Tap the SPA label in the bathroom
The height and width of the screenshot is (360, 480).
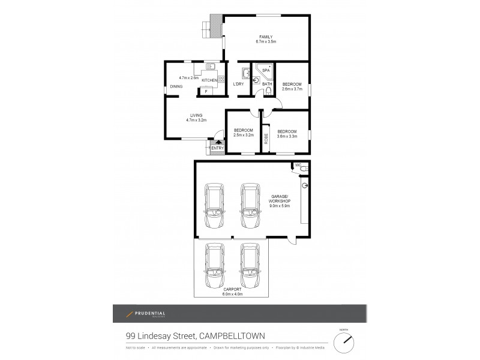click(266, 70)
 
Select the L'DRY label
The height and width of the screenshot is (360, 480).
click(238, 84)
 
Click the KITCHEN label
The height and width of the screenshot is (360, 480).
click(209, 80)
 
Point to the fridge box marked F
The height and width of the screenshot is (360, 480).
click(206, 91)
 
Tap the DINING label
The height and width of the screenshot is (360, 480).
click(176, 86)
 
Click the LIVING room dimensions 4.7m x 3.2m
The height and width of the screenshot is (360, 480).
click(196, 121)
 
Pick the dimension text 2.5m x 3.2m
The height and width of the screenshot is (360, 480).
click(244, 136)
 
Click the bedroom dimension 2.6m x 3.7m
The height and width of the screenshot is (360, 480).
click(292, 89)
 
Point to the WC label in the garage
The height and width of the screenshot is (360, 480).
click(297, 165)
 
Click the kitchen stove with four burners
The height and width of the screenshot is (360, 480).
click(221, 79)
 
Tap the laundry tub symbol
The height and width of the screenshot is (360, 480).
click(245, 73)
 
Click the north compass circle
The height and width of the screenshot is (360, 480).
click(344, 342)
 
